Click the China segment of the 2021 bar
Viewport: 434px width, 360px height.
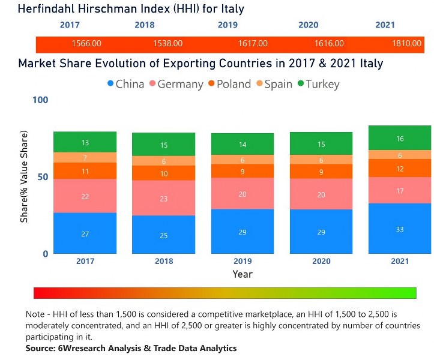(x=400, y=229)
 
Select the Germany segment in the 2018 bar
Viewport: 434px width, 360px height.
(x=164, y=198)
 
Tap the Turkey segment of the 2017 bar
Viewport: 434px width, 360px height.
(x=85, y=142)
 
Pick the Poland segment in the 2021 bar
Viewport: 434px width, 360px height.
(x=400, y=169)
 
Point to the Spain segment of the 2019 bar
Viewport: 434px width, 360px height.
(x=243, y=160)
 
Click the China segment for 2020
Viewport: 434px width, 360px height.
(x=321, y=232)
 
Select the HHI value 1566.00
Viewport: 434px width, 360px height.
(x=86, y=44)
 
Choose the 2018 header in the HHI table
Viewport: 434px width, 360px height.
(x=145, y=25)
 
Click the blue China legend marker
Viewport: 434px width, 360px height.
(x=110, y=84)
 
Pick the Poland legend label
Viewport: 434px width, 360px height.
(x=233, y=84)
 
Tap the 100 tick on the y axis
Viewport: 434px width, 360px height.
(x=40, y=100)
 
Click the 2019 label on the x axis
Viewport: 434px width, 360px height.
(x=243, y=261)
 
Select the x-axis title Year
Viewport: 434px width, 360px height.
(x=243, y=274)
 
